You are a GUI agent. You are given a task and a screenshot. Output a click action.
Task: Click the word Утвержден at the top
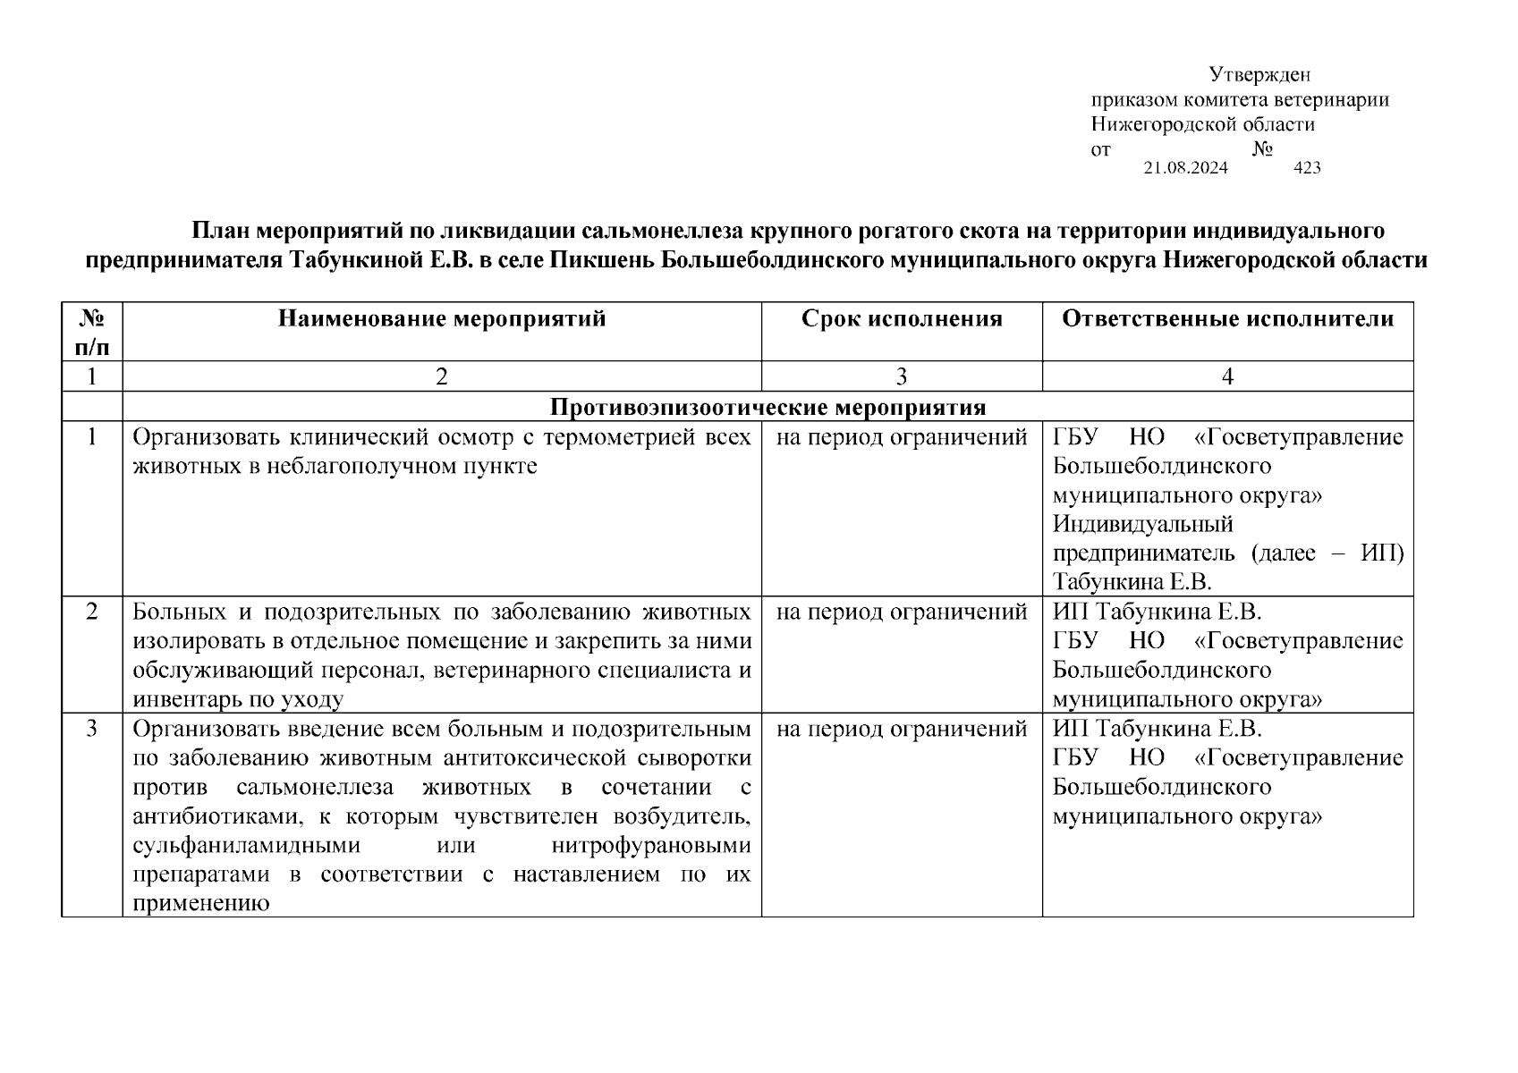pos(1259,74)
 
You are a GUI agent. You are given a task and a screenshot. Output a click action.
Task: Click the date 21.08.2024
pos(1185,168)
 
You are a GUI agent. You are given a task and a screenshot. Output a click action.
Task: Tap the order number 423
pos(1307,168)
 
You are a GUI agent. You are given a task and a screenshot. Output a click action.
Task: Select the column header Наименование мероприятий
pos(441,319)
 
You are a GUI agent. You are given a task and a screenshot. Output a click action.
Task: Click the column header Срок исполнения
pos(901,319)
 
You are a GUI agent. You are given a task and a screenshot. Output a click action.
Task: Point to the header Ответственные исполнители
pos(1227,319)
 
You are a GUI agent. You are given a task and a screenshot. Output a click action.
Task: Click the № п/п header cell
pos(91,332)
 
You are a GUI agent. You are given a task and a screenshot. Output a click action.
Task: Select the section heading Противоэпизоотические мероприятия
pos(767,408)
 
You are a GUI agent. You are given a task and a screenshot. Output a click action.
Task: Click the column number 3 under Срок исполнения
pos(901,377)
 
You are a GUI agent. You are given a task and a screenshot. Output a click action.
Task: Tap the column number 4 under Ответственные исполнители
pos(1227,377)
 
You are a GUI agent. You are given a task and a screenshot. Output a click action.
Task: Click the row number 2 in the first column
pos(91,613)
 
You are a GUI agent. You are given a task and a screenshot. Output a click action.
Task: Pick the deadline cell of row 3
pos(901,730)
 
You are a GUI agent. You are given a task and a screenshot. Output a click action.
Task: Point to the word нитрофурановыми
pos(651,845)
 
